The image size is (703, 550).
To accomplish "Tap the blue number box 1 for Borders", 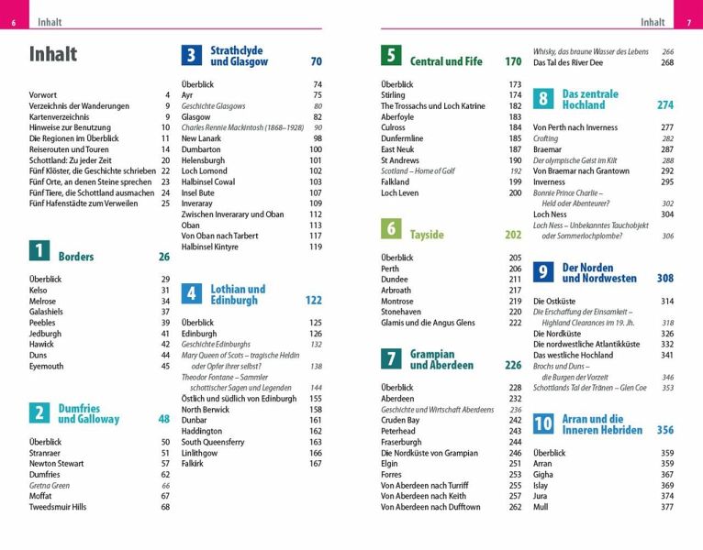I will (39, 250).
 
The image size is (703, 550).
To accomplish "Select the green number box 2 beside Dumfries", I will (39, 413).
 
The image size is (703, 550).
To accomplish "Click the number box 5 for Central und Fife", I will (390, 56).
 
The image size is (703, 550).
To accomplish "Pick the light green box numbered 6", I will (390, 228).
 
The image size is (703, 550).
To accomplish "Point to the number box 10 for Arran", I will (543, 423).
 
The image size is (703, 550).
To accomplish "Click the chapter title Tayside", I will (427, 235).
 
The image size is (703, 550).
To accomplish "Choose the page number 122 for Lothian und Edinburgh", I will (313, 300).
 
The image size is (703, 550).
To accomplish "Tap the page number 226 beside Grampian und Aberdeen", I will (512, 365).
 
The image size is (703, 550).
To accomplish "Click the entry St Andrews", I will (400, 160).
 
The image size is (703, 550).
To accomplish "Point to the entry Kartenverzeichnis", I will (63, 117).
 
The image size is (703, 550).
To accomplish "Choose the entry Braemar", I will (547, 149).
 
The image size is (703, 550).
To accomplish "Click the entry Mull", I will (541, 507).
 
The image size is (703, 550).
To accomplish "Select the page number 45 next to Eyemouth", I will (165, 366).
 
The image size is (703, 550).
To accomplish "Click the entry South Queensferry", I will (213, 442).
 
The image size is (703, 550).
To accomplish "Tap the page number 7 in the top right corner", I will (688, 22).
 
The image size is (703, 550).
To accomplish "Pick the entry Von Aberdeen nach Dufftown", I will (430, 507).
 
